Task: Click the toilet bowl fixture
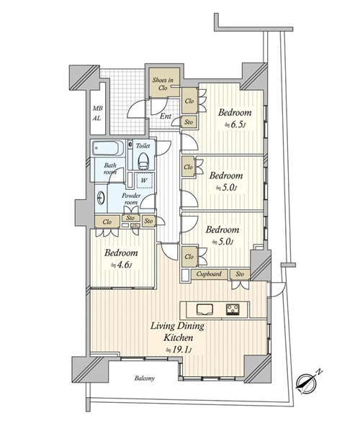pos(143,161)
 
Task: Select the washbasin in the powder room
pos(101,198)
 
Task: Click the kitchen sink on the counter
pos(204,309)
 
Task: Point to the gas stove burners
pos(233,309)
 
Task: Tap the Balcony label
pos(145,378)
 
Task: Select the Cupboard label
pos(209,274)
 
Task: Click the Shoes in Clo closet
pos(164,82)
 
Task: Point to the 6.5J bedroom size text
pos(235,124)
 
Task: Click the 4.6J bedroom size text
pos(121,265)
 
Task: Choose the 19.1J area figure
pos(179,350)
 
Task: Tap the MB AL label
pos(97,113)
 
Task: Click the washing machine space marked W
pos(145,180)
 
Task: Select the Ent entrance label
pos(166,117)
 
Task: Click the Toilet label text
pos(143,145)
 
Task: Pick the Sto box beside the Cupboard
pos(240,274)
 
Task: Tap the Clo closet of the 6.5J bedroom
pos(189,101)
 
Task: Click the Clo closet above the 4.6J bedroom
pos(107,222)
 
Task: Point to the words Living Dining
pos(177,326)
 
